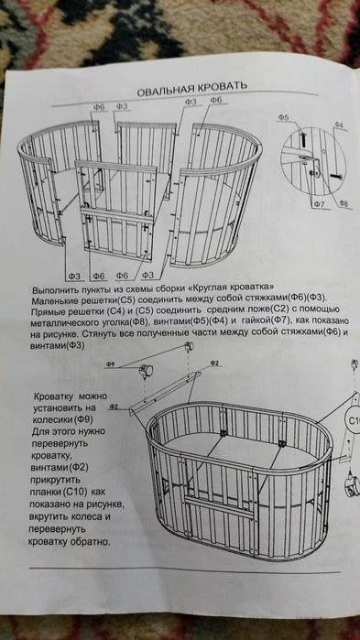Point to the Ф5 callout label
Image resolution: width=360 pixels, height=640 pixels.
coord(284,119)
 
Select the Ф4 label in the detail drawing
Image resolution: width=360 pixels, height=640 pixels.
coord(338,124)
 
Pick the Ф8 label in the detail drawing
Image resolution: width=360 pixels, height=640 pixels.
coord(343,202)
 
